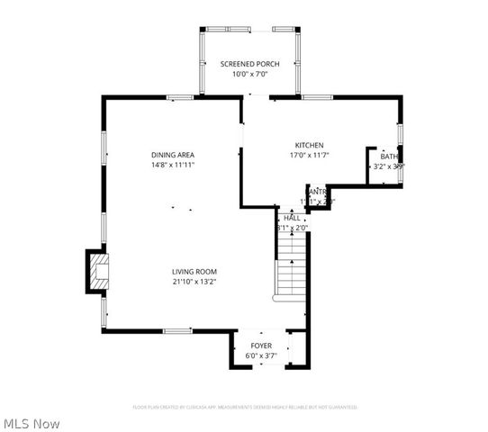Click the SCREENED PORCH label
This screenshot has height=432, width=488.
click(249, 64)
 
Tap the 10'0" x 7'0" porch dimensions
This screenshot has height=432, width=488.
click(249, 74)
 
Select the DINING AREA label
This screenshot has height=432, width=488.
click(173, 155)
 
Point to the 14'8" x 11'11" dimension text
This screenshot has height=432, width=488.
click(173, 165)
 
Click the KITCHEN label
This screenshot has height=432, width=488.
click(309, 145)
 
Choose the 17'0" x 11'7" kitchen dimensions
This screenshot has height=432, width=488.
click(309, 156)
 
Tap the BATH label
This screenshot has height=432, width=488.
click(389, 157)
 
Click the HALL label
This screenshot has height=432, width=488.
click(293, 218)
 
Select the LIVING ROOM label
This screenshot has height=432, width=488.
click(194, 271)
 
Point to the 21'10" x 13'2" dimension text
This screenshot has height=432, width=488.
click(194, 281)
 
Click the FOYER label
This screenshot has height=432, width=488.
click(261, 346)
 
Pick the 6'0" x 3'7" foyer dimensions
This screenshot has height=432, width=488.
click(261, 355)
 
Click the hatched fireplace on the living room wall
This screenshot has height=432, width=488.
click(95, 271)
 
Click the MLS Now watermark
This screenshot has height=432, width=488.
click(32, 423)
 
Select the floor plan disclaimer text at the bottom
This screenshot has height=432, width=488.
click(245, 407)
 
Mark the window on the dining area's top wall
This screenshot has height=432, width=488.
click(180, 97)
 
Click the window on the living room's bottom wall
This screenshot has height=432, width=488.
click(177, 331)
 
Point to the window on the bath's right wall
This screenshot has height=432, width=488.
click(401, 135)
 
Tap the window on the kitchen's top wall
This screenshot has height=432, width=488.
click(317, 97)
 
